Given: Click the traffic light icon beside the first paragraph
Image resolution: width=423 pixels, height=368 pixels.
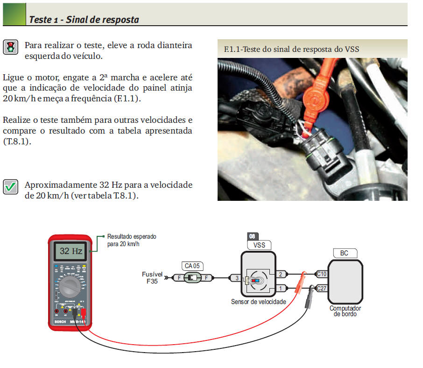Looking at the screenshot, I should (x=10, y=46).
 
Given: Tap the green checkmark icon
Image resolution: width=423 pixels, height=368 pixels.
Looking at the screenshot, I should (x=10, y=187).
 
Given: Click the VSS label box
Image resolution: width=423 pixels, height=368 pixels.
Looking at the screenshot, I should (x=259, y=245).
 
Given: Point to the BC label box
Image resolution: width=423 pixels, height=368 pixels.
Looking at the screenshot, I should (x=344, y=253).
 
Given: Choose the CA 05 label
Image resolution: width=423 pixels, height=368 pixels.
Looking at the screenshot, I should (x=192, y=266).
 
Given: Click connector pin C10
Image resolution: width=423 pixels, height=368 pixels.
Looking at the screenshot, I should (x=322, y=274).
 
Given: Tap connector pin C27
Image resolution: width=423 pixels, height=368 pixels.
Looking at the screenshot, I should (x=322, y=288).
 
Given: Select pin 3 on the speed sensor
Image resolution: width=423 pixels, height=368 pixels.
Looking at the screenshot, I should (x=236, y=278).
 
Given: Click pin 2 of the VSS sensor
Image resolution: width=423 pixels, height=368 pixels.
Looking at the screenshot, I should (x=281, y=274).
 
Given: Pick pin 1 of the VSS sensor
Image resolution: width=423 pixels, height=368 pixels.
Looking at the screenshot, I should (x=281, y=288).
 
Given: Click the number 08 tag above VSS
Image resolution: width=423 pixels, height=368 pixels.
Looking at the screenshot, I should (x=252, y=236).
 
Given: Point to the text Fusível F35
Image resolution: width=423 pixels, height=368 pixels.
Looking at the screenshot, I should (x=151, y=278).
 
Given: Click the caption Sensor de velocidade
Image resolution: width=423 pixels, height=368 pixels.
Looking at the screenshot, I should (x=258, y=302).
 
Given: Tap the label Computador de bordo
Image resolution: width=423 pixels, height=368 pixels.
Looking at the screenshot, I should (x=345, y=311).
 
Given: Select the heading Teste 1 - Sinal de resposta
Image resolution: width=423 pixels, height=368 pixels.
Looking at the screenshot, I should (x=84, y=20).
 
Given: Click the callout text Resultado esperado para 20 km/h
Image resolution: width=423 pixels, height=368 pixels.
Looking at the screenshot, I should (x=131, y=240).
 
